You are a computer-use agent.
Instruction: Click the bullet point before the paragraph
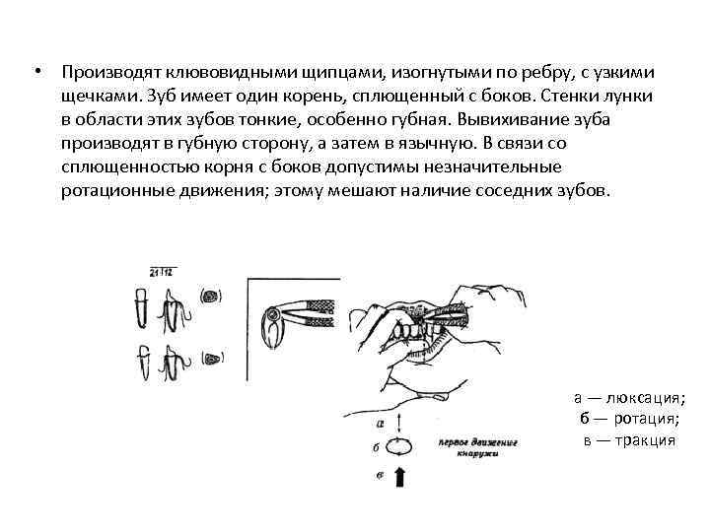click(x=36, y=72)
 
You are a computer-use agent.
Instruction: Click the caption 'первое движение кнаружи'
click(x=482, y=447)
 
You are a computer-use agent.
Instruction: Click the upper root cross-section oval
click(x=210, y=296)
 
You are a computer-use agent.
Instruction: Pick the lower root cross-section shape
click(x=210, y=357)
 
